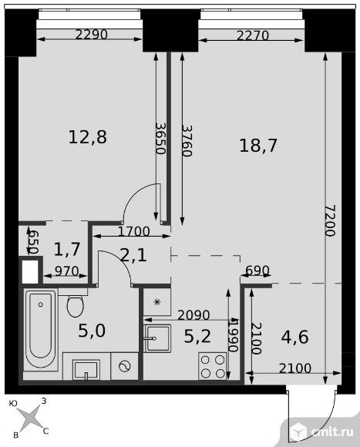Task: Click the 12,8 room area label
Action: click(88, 137)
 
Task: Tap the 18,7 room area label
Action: click(258, 146)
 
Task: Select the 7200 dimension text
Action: click(331, 220)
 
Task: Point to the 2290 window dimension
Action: click(92, 35)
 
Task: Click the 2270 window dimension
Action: click(253, 35)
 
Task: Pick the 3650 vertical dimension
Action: click(161, 138)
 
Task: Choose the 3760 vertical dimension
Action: click(187, 141)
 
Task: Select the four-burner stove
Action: click(213, 366)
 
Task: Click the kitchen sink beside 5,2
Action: click(157, 338)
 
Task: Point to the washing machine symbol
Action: click(125, 366)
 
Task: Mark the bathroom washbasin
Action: click(86, 369)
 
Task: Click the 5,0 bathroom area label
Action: click(92, 331)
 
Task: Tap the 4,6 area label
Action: click(294, 337)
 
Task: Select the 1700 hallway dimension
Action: click(133, 231)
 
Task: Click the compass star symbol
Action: click(29, 418)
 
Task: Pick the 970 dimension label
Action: click(66, 271)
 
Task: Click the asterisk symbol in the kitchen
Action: click(156, 301)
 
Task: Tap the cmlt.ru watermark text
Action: click(333, 432)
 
